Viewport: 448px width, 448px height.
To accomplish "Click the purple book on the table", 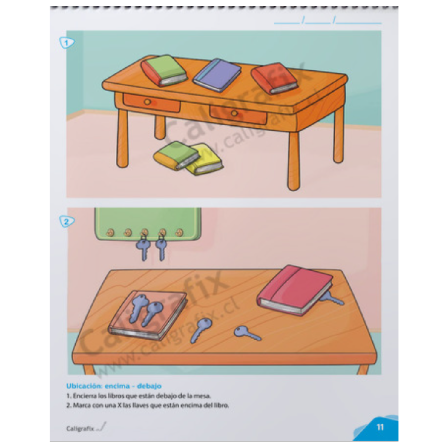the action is (217, 75).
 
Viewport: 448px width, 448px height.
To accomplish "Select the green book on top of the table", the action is (164, 70).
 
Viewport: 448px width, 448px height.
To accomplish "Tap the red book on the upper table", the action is (274, 78).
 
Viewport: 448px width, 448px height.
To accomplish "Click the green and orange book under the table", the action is (176, 156).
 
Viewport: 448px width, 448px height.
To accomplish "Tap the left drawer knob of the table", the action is (147, 102).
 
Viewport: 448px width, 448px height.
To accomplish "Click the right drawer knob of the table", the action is (234, 113).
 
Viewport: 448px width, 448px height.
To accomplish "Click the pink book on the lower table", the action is (295, 290).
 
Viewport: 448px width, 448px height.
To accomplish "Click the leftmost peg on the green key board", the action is (110, 232).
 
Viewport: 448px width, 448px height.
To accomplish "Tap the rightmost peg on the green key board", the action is (179, 232).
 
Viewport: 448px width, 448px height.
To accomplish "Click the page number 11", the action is (380, 427).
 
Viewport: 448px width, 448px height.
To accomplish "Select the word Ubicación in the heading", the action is (84, 386).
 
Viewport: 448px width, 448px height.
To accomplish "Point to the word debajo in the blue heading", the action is (149, 386).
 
